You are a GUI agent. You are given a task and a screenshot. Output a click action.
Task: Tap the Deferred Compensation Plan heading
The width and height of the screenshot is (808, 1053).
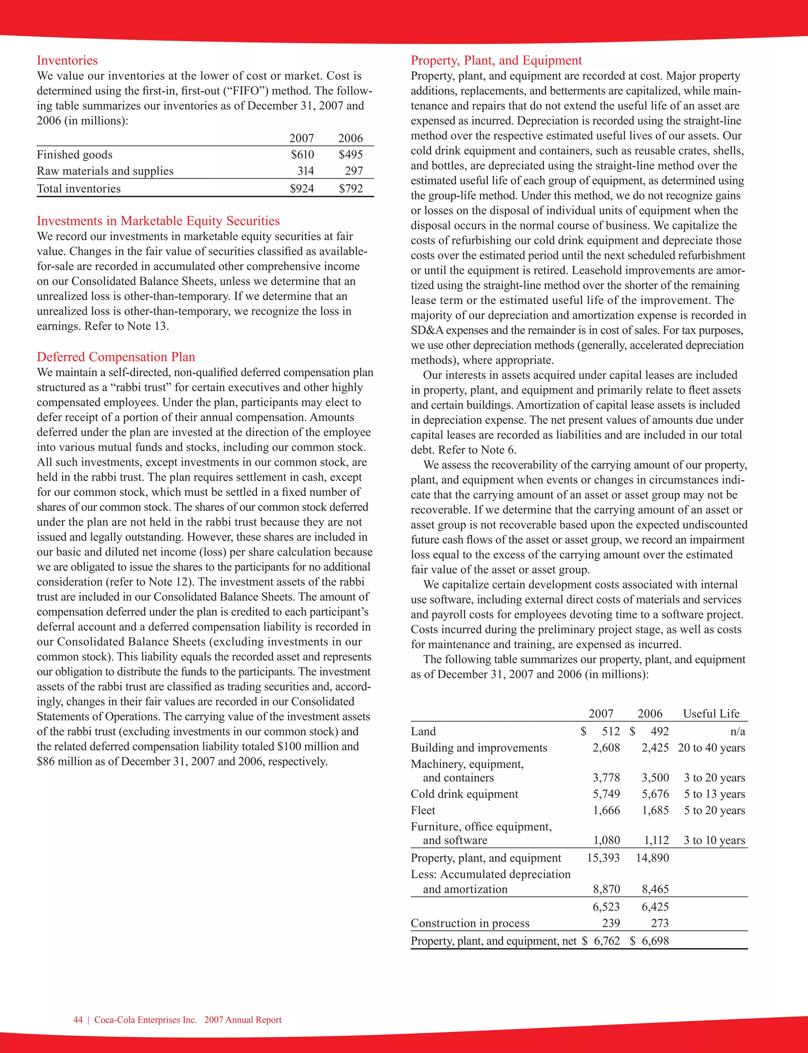[116, 357]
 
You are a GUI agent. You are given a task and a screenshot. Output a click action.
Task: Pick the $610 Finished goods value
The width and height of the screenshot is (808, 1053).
[302, 154]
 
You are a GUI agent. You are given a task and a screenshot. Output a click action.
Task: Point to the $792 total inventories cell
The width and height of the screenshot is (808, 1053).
[351, 189]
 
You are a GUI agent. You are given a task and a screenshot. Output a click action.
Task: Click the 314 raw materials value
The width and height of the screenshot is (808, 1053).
[305, 171]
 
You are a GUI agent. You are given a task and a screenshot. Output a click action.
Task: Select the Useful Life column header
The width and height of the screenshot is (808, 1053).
[711, 714]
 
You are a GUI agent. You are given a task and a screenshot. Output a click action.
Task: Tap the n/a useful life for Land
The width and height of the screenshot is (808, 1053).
[737, 731]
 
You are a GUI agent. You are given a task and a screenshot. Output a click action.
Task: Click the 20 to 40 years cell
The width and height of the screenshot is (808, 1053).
[711, 748]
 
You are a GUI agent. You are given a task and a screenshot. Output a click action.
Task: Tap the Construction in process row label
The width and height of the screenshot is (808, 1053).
[470, 923]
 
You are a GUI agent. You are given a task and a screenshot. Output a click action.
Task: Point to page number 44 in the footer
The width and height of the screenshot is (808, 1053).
[78, 1020]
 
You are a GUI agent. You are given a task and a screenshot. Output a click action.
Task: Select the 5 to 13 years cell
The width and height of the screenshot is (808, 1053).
[714, 794]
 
